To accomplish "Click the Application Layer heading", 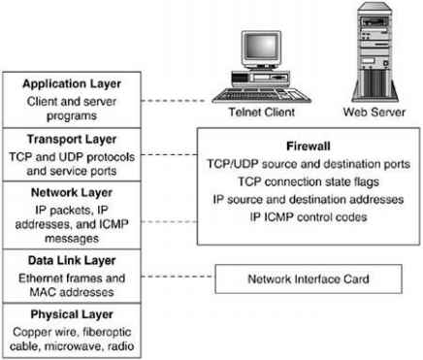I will pos(74,83).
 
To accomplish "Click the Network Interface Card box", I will pos(309,280).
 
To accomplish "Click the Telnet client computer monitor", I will pos(250,55).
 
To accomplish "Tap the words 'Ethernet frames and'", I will pos(74,276).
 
